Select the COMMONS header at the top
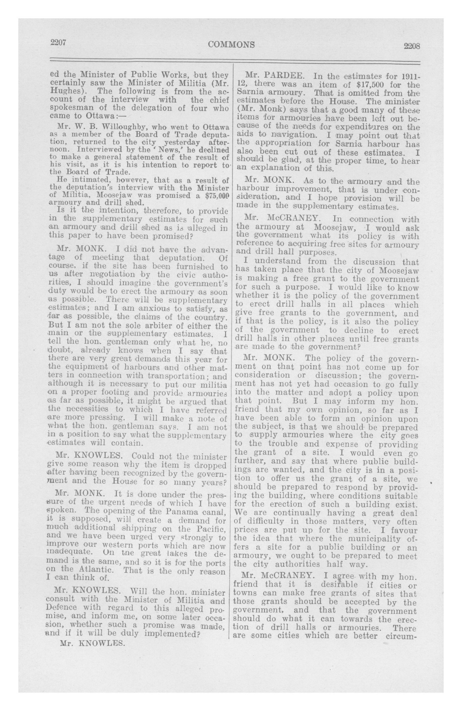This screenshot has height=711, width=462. [232, 44]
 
